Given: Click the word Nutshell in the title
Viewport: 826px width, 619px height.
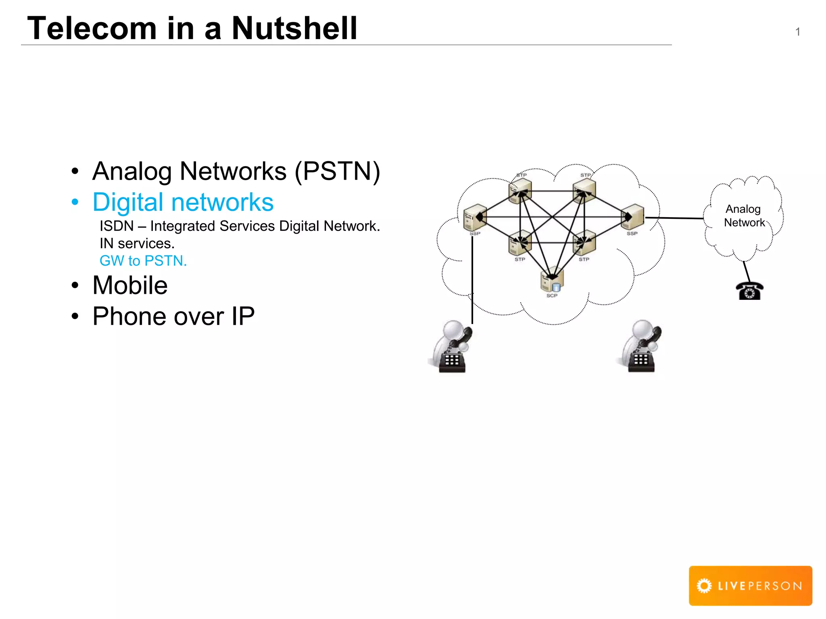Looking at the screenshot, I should point(294,28).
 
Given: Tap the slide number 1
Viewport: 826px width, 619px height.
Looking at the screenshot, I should point(797,32).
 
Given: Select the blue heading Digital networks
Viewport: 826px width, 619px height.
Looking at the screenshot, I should point(183,202).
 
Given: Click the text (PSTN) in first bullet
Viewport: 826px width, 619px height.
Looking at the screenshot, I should point(337,171).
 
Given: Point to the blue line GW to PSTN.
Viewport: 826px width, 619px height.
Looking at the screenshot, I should point(143,261).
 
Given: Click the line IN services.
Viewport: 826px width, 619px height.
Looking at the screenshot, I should point(137,243).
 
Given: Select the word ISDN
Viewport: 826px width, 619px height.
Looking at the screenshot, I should point(117,226).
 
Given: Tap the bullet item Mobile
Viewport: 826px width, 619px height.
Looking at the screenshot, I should point(130,285).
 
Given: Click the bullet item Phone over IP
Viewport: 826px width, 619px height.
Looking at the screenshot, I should point(173,316).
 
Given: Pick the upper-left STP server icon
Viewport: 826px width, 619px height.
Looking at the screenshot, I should point(520,190).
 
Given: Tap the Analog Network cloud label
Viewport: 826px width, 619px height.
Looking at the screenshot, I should point(744,216).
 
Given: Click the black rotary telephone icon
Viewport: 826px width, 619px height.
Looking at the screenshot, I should point(749,291).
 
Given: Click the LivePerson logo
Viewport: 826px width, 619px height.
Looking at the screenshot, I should point(750,586).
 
